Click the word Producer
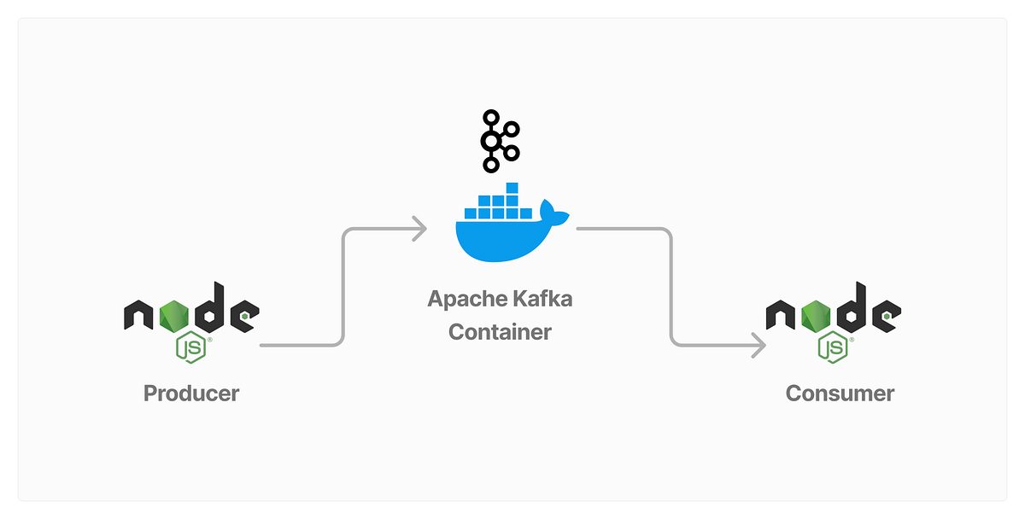191,394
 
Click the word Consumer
840,394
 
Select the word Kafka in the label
544,300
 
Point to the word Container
501,331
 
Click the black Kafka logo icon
500,141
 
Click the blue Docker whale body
500,239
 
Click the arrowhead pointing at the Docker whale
419,229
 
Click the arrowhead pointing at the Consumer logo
757,345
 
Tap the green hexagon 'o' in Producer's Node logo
177,314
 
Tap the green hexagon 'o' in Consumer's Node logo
818,314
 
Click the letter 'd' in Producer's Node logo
212,309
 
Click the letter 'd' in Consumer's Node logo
853,309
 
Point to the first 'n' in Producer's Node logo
140,316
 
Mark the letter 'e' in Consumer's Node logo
885,316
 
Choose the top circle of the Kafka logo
490,117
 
